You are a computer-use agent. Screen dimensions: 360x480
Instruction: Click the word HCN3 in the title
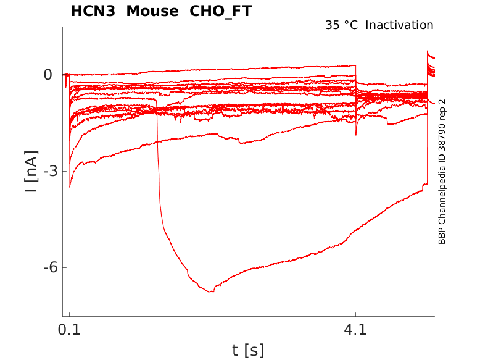(x=92, y=11)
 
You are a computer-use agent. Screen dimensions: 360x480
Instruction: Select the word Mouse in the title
(x=149, y=11)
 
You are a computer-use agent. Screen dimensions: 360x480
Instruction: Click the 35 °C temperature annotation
(x=342, y=25)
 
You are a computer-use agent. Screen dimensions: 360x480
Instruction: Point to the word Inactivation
(x=400, y=25)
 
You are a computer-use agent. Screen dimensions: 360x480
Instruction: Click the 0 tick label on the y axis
(x=48, y=75)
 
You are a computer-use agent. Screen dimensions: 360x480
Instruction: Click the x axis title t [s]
(x=248, y=350)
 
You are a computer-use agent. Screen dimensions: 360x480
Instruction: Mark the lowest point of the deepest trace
(x=212, y=291)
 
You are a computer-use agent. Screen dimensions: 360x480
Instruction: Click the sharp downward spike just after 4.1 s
(x=356, y=134)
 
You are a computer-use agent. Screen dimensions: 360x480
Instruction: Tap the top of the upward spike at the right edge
(x=428, y=52)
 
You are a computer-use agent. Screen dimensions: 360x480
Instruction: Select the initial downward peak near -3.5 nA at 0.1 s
(x=70, y=186)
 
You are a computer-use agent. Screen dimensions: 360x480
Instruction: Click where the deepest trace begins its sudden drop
(x=157, y=100)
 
